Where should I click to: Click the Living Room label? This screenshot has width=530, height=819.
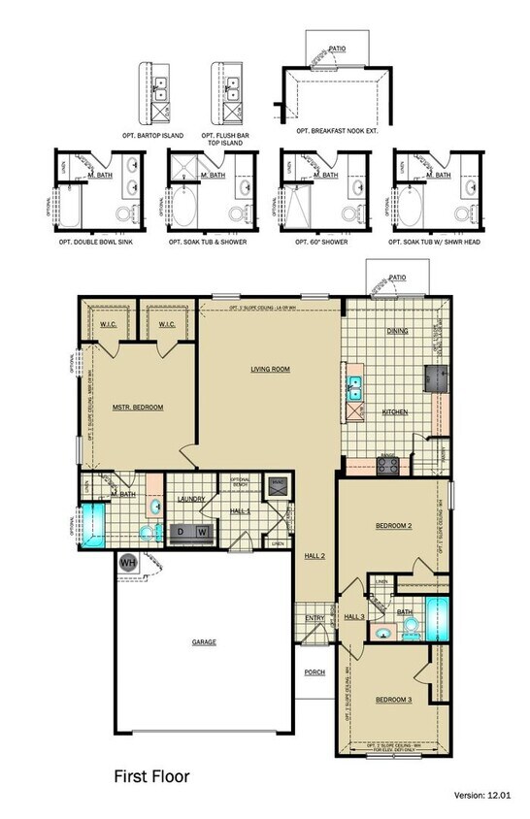(x=271, y=369)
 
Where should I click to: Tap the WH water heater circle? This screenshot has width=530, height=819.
(x=127, y=562)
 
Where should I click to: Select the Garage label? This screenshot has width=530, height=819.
(x=203, y=641)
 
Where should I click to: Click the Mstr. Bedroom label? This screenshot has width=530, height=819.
(x=137, y=408)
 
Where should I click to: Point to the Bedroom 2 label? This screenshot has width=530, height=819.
(x=394, y=527)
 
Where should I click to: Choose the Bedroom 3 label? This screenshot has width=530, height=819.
(x=394, y=699)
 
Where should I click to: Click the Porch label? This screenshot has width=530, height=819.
(x=314, y=672)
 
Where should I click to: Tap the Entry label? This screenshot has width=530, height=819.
(x=314, y=618)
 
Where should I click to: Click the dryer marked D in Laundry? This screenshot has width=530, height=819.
(x=182, y=532)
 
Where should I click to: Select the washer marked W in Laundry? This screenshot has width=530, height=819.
(x=202, y=532)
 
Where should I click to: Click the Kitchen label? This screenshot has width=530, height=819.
(x=394, y=412)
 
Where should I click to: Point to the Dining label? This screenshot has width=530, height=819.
(x=398, y=331)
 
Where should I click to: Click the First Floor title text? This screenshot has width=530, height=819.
(x=152, y=775)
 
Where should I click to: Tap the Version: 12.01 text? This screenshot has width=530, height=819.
(x=482, y=795)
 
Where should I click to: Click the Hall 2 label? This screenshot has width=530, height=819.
(x=314, y=555)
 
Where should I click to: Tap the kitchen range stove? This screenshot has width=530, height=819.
(x=387, y=465)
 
